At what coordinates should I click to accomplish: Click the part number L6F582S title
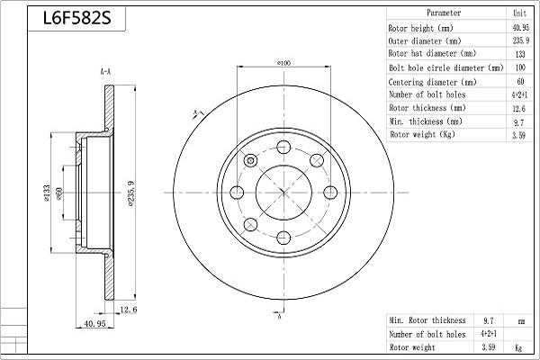click(x=76, y=18)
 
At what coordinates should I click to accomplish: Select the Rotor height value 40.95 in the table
click(x=520, y=27)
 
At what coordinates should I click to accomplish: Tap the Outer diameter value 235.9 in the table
click(x=520, y=40)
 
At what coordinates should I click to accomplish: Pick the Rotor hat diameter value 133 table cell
click(x=520, y=54)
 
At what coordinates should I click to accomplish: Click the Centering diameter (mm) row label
click(x=432, y=82)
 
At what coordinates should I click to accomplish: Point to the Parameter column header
click(x=444, y=13)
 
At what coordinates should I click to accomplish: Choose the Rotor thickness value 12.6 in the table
click(x=519, y=108)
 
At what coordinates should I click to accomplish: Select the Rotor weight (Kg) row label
click(x=423, y=134)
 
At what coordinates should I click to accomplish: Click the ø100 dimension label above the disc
click(x=284, y=63)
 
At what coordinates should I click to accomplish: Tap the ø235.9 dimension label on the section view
click(x=131, y=193)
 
